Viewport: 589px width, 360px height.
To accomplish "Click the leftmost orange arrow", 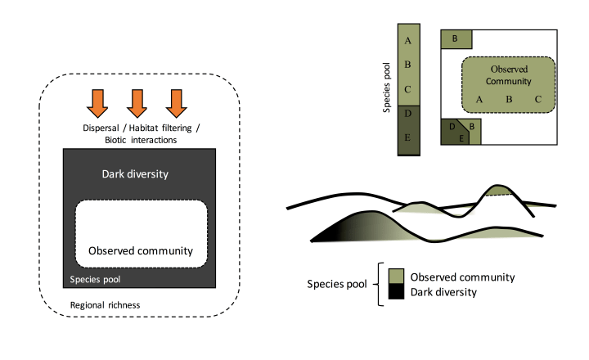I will (98, 101).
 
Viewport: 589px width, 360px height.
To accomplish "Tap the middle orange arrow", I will (137, 101).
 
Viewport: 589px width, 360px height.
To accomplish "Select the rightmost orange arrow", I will (175, 101).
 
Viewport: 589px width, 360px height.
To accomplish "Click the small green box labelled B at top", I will (456, 38).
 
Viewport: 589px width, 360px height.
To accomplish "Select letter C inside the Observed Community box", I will (537, 99).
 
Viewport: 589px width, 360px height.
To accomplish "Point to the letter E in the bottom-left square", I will (461, 139).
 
